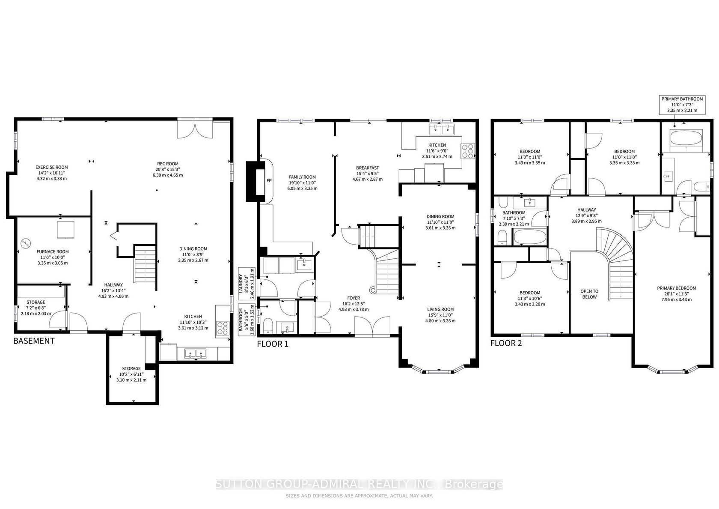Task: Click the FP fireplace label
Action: (269, 181)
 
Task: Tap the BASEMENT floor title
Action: (34, 341)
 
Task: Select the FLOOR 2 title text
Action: (506, 343)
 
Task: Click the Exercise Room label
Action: (52, 167)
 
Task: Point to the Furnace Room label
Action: (53, 252)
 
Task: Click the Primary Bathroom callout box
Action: (682, 105)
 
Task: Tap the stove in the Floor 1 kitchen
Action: (468, 151)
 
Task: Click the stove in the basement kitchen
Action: (223, 328)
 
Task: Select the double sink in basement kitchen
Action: (195, 354)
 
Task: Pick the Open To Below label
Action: (589, 294)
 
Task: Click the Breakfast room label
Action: (368, 168)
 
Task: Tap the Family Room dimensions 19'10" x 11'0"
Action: (302, 183)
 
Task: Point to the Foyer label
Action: (354, 298)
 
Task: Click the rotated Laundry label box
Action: (247, 284)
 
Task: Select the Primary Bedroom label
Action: (676, 288)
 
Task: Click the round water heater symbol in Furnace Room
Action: (25, 243)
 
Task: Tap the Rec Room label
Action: (168, 164)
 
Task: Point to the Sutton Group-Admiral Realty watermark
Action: (359, 484)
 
